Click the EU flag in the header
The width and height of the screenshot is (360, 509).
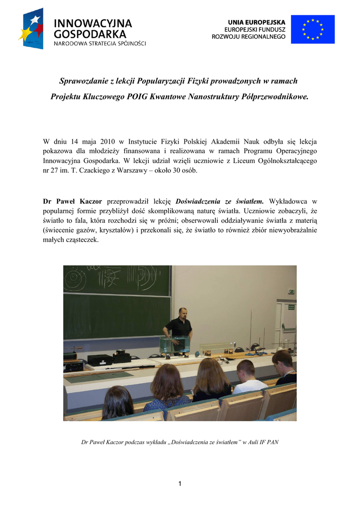click(313, 29)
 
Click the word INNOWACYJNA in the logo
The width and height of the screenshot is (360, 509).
click(92, 23)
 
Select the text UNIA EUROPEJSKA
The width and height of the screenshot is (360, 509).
click(257, 22)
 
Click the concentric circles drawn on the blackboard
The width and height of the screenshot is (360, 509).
click(75, 275)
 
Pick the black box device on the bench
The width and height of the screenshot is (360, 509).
click(99, 359)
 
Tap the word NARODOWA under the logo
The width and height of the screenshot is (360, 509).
click(70, 43)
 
